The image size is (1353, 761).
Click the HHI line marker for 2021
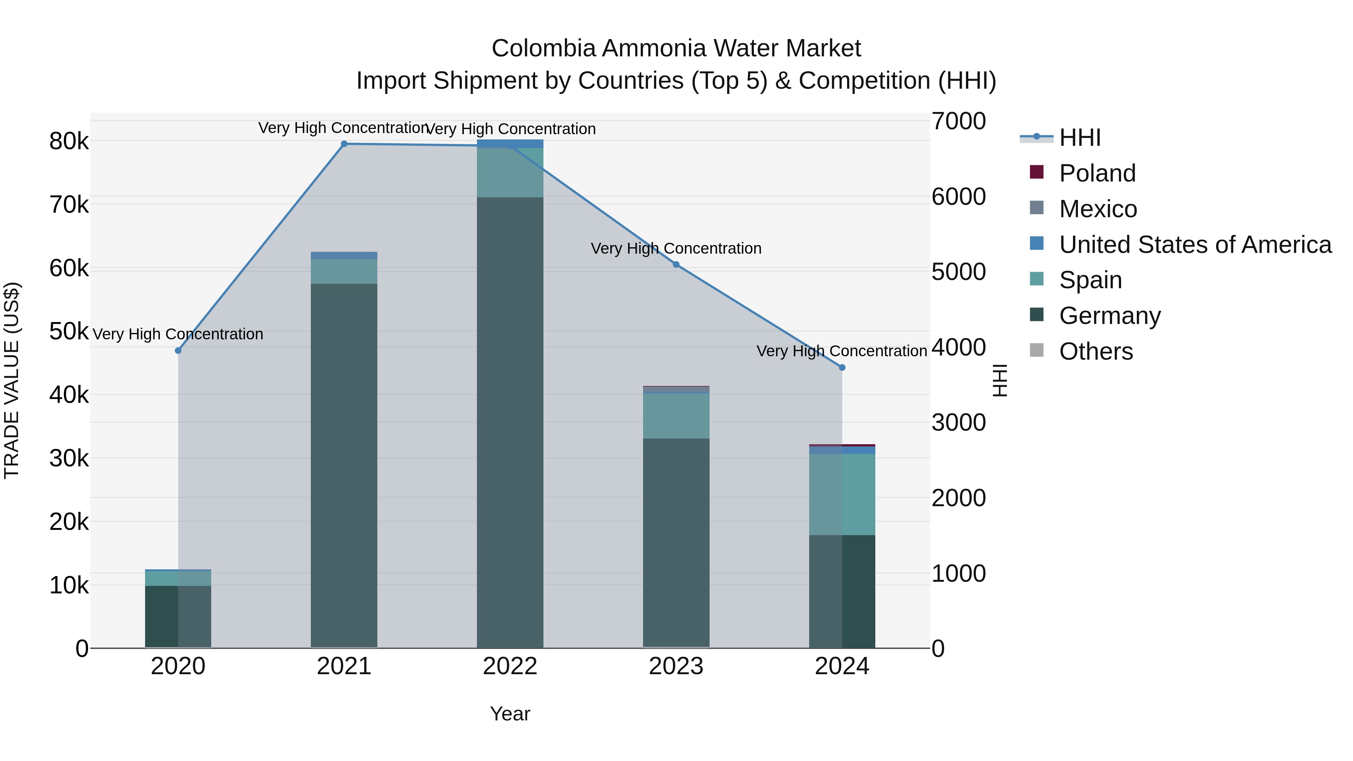tap(344, 144)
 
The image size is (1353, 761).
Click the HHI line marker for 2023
tap(676, 265)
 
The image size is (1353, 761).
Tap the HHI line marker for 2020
tap(178, 350)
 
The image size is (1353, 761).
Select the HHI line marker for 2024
tap(842, 368)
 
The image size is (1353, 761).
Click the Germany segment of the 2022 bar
tap(510, 420)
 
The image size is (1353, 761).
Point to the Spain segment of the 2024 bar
tap(842, 494)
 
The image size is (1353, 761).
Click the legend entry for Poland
tap(1097, 173)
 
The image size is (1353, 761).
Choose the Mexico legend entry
tap(1098, 209)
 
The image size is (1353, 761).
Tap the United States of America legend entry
tap(1195, 245)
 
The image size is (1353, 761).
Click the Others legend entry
tap(1096, 351)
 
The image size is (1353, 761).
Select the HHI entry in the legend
tap(1079, 138)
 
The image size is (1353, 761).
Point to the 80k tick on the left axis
tap(69, 141)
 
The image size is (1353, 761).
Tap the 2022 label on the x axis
tap(510, 666)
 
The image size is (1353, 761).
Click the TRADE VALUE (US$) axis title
tap(12, 380)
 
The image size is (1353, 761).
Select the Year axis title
tap(510, 714)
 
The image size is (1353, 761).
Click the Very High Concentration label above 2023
tap(676, 248)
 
